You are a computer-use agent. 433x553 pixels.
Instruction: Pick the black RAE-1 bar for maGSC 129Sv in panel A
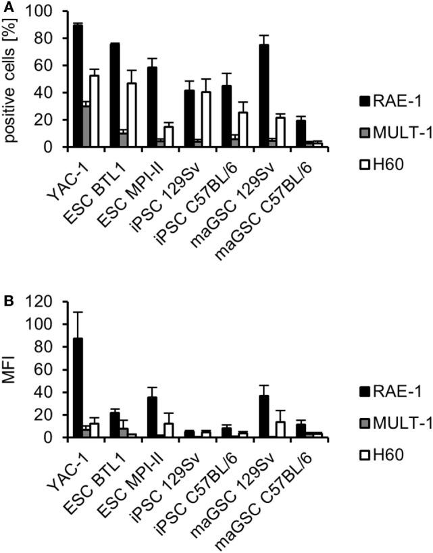coord(264,95)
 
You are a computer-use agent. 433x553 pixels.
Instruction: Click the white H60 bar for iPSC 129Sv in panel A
coord(205,119)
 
